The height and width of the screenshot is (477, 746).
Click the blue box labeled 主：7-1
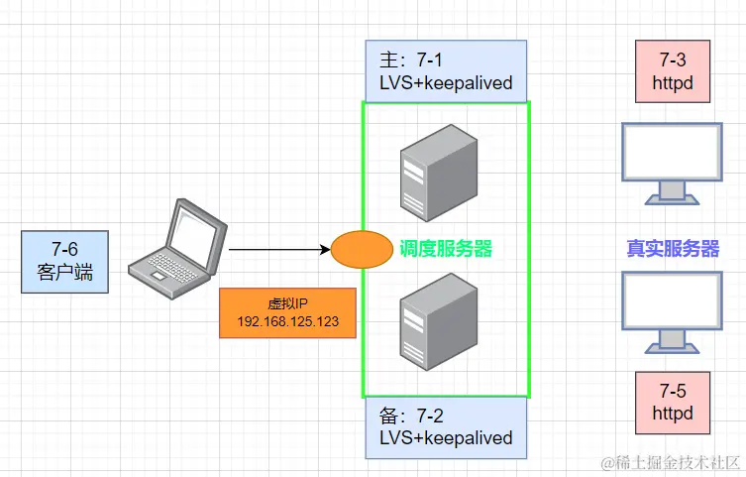(x=446, y=70)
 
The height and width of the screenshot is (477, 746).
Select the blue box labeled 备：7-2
(x=446, y=426)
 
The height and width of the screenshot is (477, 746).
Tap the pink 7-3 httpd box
(x=673, y=71)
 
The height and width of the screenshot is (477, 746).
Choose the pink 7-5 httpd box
(x=673, y=402)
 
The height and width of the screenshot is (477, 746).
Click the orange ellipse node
(x=362, y=250)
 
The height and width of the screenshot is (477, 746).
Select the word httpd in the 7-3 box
(x=673, y=83)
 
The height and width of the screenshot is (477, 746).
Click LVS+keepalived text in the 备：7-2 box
(x=446, y=437)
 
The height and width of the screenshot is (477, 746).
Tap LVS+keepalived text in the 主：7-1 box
(x=446, y=82)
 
